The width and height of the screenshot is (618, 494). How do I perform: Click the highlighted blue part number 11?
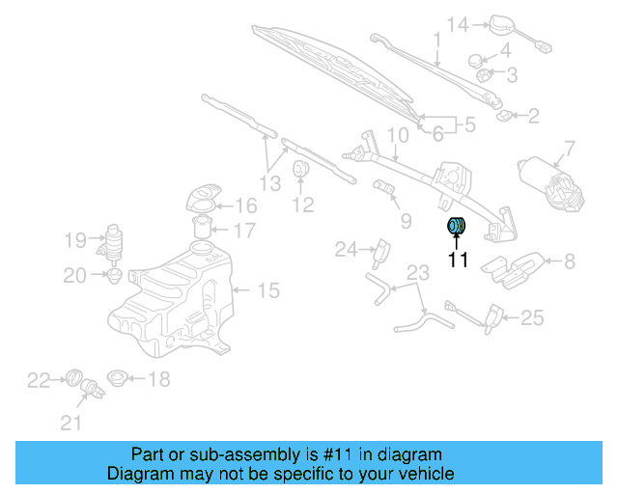[456, 227]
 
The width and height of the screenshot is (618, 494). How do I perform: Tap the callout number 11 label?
[457, 260]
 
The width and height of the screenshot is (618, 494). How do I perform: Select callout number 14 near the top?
[457, 23]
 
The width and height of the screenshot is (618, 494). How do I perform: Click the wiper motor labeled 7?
[551, 178]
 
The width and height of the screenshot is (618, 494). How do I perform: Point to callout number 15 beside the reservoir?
[267, 288]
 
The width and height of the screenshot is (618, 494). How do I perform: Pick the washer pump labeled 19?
[115, 238]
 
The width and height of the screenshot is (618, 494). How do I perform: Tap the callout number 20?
[74, 276]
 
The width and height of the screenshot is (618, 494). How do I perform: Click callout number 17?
[244, 231]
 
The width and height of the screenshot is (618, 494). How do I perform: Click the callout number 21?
[71, 422]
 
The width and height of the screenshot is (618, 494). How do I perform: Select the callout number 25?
[532, 316]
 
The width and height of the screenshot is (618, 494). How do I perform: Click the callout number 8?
[569, 260]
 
